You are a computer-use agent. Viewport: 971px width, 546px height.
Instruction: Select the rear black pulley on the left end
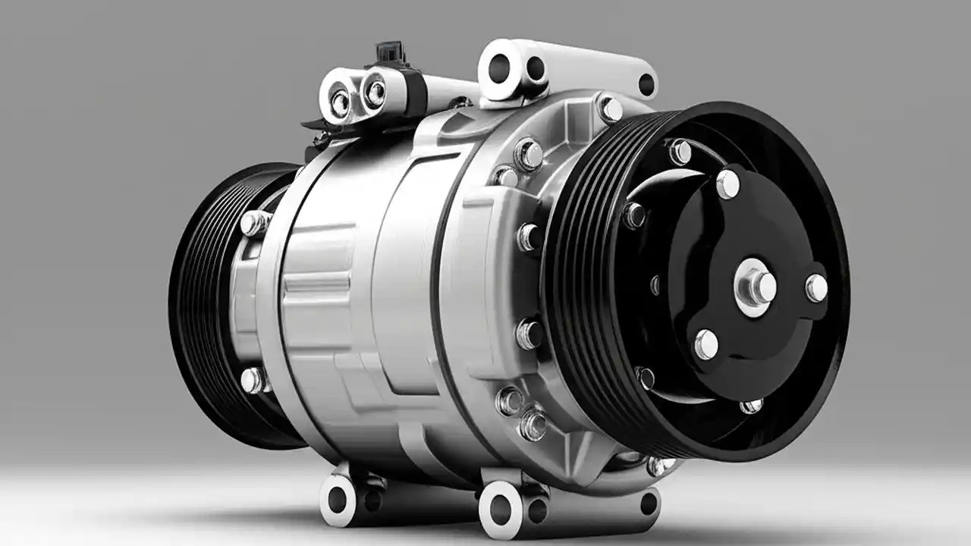(x=199, y=303)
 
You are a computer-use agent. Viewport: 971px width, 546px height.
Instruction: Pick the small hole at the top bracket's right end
(x=646, y=84)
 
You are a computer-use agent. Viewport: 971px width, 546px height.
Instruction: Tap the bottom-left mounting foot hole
(x=338, y=500)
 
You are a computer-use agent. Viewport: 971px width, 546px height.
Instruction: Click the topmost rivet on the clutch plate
(x=727, y=184)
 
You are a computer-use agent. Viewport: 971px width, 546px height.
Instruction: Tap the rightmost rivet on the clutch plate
(x=816, y=287)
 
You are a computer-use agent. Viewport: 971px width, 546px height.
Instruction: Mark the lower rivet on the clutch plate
(x=705, y=344)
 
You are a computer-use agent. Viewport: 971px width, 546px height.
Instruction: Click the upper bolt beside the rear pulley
(x=253, y=223)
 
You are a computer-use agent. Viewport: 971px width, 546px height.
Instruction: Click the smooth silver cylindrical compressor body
(x=357, y=303)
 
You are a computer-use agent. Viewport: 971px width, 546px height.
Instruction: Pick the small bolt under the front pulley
(x=657, y=466)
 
